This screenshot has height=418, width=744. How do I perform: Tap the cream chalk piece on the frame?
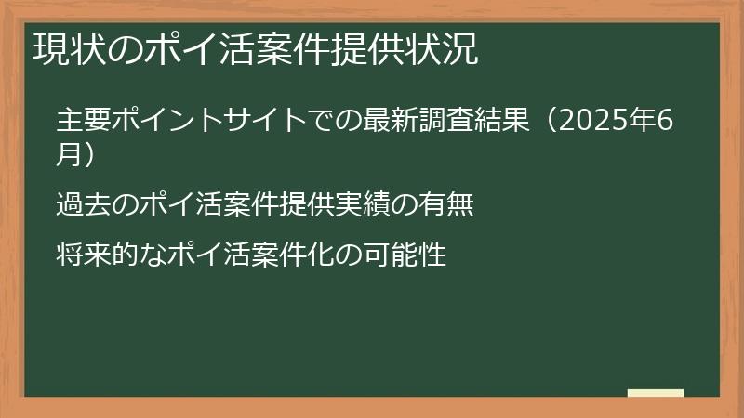(x=655, y=393)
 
